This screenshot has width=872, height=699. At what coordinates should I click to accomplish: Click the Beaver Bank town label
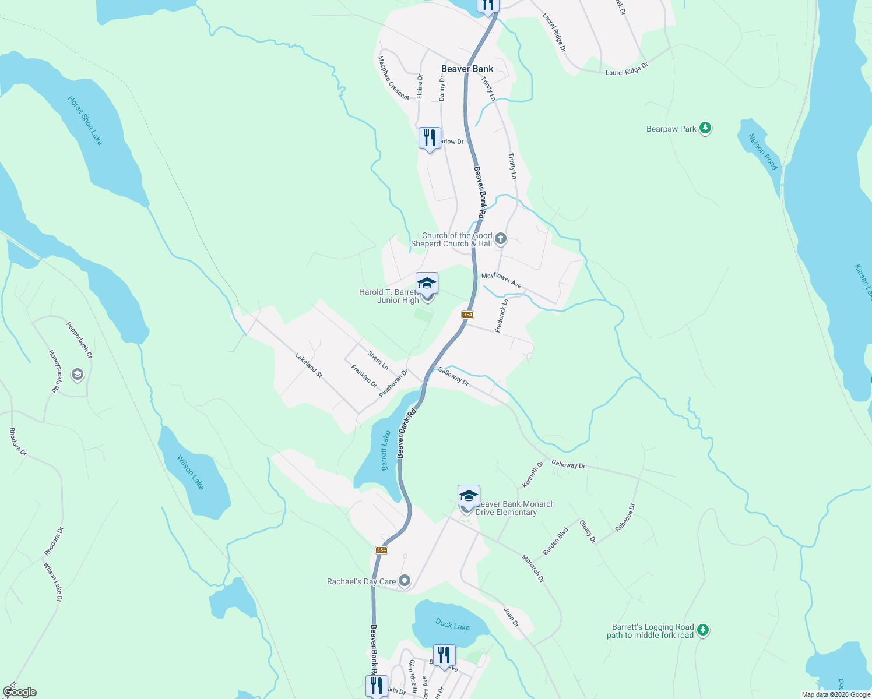(x=467, y=69)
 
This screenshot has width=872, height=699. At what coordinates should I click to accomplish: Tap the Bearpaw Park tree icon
(x=705, y=128)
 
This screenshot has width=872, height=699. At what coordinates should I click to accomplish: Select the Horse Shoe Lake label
(x=85, y=121)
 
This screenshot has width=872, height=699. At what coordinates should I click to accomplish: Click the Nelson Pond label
(x=763, y=152)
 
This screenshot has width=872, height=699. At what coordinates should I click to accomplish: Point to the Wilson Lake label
(x=191, y=472)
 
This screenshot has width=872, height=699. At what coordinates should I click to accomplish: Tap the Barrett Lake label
(x=385, y=451)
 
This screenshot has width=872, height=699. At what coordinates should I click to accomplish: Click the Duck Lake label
(x=452, y=625)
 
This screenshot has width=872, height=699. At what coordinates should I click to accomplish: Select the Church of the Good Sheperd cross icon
(x=501, y=239)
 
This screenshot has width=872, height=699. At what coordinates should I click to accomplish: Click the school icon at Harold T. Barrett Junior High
(x=427, y=284)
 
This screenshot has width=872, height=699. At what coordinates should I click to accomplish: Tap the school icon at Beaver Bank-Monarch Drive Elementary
(x=469, y=496)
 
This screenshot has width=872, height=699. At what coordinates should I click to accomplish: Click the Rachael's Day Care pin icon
(x=405, y=581)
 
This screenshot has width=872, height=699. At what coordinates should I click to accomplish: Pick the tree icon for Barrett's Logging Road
(x=703, y=630)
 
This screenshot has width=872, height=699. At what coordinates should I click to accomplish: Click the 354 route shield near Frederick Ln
(x=467, y=315)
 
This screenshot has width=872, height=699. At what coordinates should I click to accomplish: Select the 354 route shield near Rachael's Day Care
(x=381, y=550)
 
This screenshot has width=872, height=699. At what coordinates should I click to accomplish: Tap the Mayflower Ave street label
(x=501, y=280)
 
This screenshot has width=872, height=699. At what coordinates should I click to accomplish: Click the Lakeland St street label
(x=308, y=365)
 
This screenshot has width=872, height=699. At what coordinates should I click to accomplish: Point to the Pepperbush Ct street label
(x=79, y=340)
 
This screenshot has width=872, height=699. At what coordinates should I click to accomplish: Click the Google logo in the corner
(x=19, y=692)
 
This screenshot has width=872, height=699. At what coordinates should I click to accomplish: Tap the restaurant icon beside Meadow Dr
(x=430, y=139)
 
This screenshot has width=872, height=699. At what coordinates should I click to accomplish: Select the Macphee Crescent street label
(x=393, y=77)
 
